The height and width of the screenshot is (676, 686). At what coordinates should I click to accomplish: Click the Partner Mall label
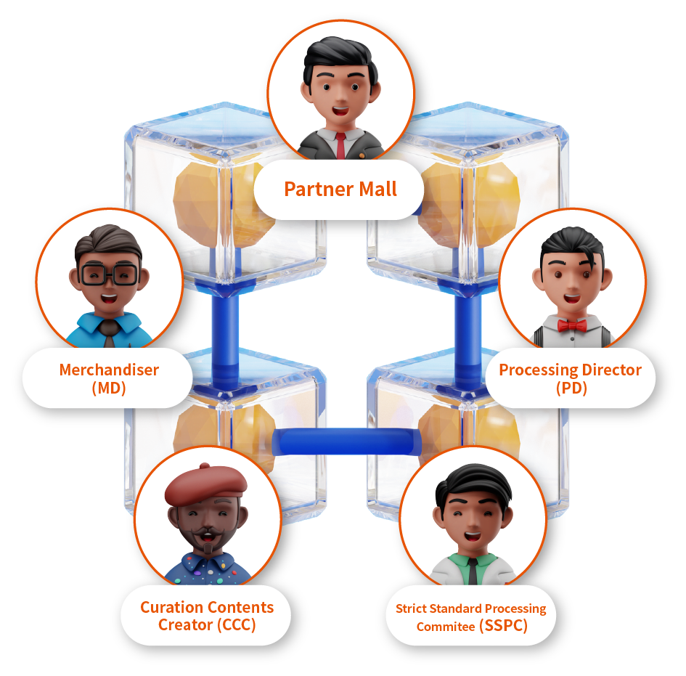pos(340,190)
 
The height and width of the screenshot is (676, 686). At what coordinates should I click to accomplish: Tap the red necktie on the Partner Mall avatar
pos(340,144)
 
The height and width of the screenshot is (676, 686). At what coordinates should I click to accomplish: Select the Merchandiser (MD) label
pos(109,378)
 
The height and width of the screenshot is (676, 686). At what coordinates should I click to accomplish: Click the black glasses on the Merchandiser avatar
pos(110,275)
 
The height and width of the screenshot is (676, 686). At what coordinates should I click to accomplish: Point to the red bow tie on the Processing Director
pos(573,325)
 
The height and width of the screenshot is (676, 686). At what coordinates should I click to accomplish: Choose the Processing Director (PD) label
pos(570,378)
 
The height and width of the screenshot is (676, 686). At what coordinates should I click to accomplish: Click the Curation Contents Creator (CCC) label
pos(206,616)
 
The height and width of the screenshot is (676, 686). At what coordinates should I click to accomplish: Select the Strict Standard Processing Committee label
pos(470,616)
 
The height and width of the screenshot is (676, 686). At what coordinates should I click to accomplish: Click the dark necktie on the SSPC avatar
pos(473,571)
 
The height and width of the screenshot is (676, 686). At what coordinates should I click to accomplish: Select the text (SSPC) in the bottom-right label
pos(503,626)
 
